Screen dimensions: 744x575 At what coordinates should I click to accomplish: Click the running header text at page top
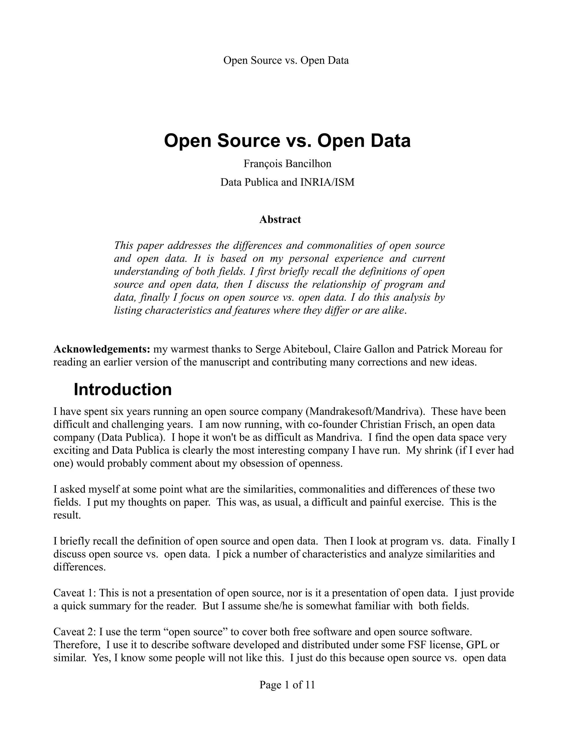[286, 60]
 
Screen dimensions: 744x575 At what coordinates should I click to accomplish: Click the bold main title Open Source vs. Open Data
[287, 141]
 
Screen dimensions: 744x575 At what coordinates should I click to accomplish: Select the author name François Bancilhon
[287, 164]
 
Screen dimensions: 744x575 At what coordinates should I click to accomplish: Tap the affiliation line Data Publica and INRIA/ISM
[287, 182]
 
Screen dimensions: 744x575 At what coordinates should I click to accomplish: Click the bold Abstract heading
[280, 219]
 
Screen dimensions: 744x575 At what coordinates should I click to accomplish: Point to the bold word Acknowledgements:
[102, 349]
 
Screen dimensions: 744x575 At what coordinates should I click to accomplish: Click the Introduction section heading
[123, 389]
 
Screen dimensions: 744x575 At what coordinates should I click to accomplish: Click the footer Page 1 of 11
[287, 685]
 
